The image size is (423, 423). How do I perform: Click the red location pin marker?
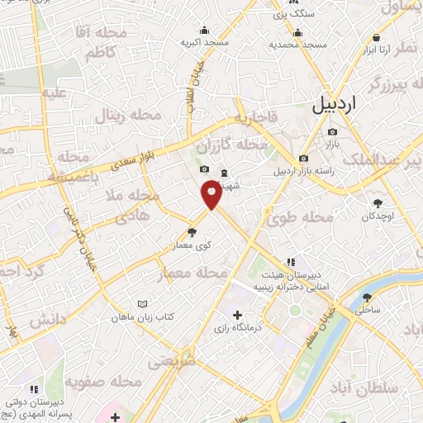[211, 193]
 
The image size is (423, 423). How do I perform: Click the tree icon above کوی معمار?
[192, 232]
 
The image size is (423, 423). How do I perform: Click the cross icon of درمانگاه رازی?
[238, 314]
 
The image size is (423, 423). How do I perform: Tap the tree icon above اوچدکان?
[378, 202]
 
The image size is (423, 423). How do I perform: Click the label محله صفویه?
[100, 383]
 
